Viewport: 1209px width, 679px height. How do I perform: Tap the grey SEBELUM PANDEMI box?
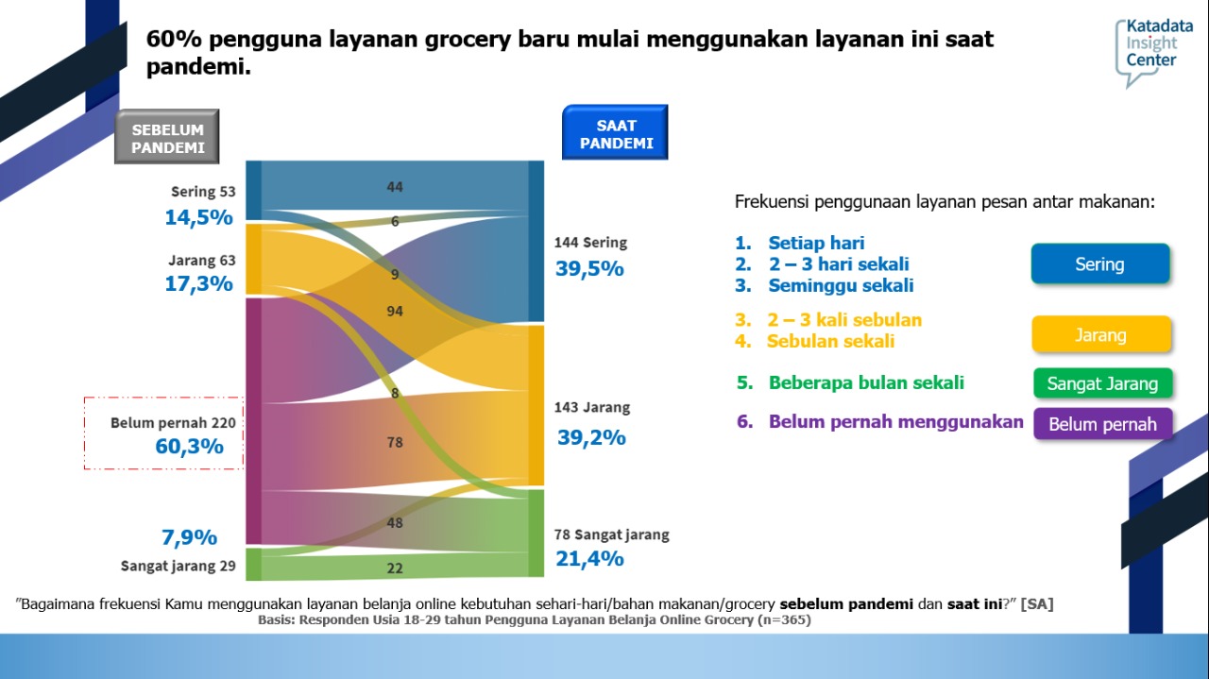click(167, 138)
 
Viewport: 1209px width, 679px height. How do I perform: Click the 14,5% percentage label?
click(198, 217)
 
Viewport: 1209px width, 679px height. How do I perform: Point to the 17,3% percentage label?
click(198, 283)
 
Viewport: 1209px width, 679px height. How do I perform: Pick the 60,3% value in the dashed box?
click(190, 446)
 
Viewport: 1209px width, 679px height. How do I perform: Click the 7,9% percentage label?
click(189, 537)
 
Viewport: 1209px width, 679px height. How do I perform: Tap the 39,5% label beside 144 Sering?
click(589, 268)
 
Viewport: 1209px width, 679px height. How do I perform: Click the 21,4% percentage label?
click(589, 558)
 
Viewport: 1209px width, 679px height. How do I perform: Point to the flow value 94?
click(395, 311)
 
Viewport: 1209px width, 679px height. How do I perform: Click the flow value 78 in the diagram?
click(395, 442)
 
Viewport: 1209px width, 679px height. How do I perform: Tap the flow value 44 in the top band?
click(395, 187)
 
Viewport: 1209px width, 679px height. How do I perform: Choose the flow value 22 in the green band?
click(395, 568)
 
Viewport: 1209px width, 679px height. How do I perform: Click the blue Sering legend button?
click(1100, 264)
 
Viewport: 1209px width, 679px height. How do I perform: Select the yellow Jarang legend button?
click(1101, 335)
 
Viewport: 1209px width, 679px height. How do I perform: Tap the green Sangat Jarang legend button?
click(1102, 383)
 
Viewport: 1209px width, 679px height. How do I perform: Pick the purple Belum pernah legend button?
click(1102, 424)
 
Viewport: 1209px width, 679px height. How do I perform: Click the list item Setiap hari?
click(816, 243)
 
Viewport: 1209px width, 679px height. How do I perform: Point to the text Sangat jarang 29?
click(178, 567)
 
